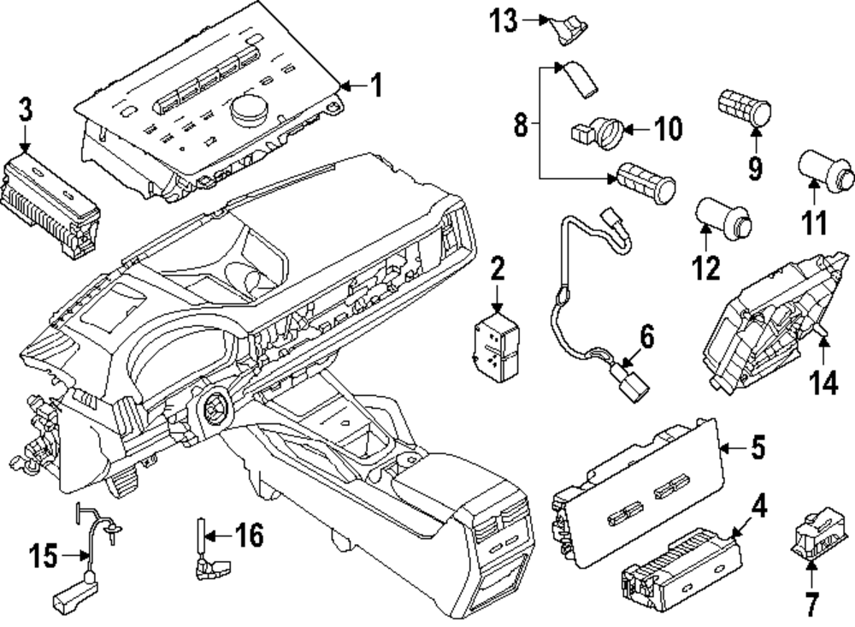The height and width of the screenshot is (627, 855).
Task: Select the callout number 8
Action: click(520, 125)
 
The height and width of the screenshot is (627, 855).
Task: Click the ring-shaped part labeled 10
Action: click(610, 132)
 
